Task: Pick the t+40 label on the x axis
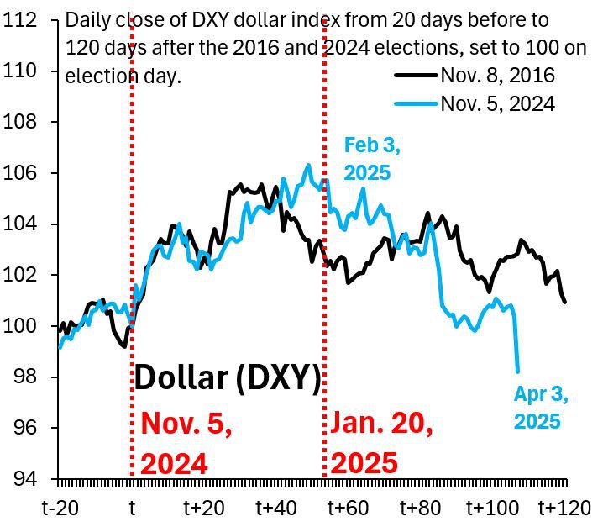click(x=277, y=508)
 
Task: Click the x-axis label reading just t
click(x=132, y=508)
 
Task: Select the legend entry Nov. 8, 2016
click(x=497, y=76)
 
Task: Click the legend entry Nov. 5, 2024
click(x=497, y=103)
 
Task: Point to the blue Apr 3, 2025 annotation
click(x=537, y=408)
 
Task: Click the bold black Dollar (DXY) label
click(x=228, y=378)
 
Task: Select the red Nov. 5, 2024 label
click(x=186, y=442)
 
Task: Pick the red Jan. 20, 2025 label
click(x=382, y=442)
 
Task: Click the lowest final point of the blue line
click(x=517, y=371)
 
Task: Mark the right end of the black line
click(x=565, y=302)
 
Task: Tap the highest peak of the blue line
click(x=308, y=165)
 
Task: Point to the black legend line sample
click(x=417, y=76)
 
